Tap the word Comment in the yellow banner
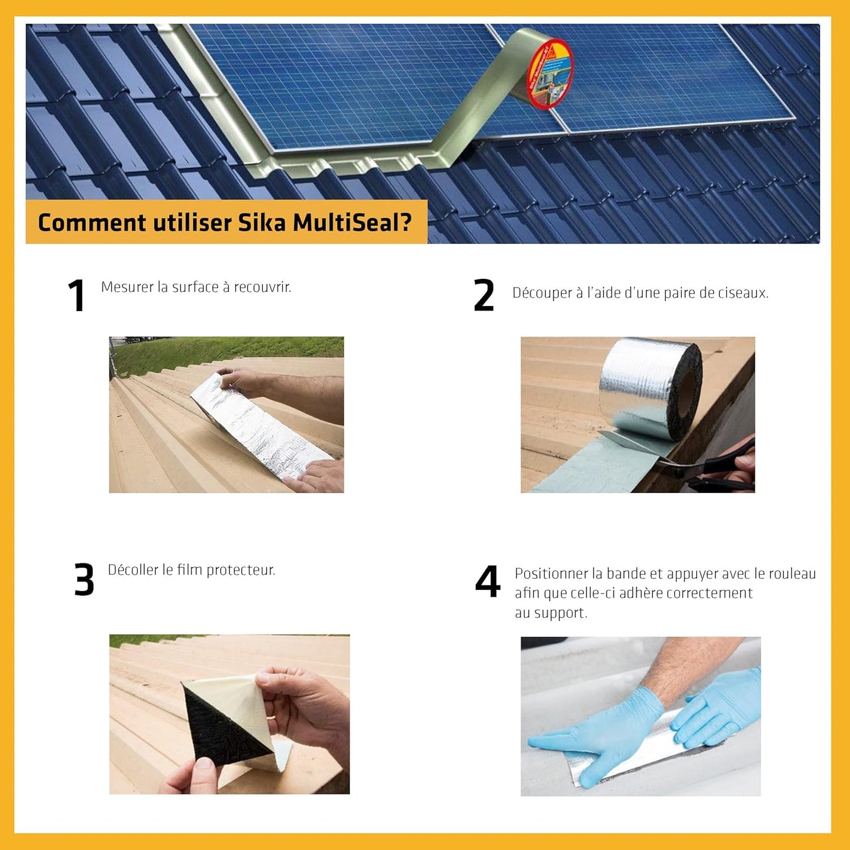coord(92,223)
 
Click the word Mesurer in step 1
coord(126,287)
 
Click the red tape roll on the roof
coord(548,74)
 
